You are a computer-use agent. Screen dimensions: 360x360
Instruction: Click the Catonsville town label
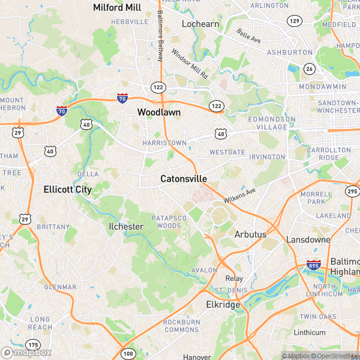184,179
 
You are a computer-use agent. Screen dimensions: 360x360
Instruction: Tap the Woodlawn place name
159,112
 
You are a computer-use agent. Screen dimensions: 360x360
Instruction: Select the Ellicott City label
68,190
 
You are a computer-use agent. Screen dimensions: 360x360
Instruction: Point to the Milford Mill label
116,7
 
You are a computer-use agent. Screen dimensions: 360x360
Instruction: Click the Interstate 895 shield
313,264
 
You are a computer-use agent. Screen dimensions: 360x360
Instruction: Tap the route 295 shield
352,191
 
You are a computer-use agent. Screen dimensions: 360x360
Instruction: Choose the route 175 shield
33,344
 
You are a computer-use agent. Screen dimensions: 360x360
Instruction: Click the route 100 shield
128,354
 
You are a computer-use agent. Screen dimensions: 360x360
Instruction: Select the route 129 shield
294,21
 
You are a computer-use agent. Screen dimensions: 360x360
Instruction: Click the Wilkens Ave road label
239,195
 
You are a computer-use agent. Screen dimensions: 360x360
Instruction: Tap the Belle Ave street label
248,35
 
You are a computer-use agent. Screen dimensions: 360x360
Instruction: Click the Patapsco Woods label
169,221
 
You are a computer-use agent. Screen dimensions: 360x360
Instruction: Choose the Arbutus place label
250,234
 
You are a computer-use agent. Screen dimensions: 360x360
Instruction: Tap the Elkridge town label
223,304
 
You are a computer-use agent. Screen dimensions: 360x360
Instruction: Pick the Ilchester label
126,226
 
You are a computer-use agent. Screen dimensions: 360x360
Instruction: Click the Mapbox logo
26,352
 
